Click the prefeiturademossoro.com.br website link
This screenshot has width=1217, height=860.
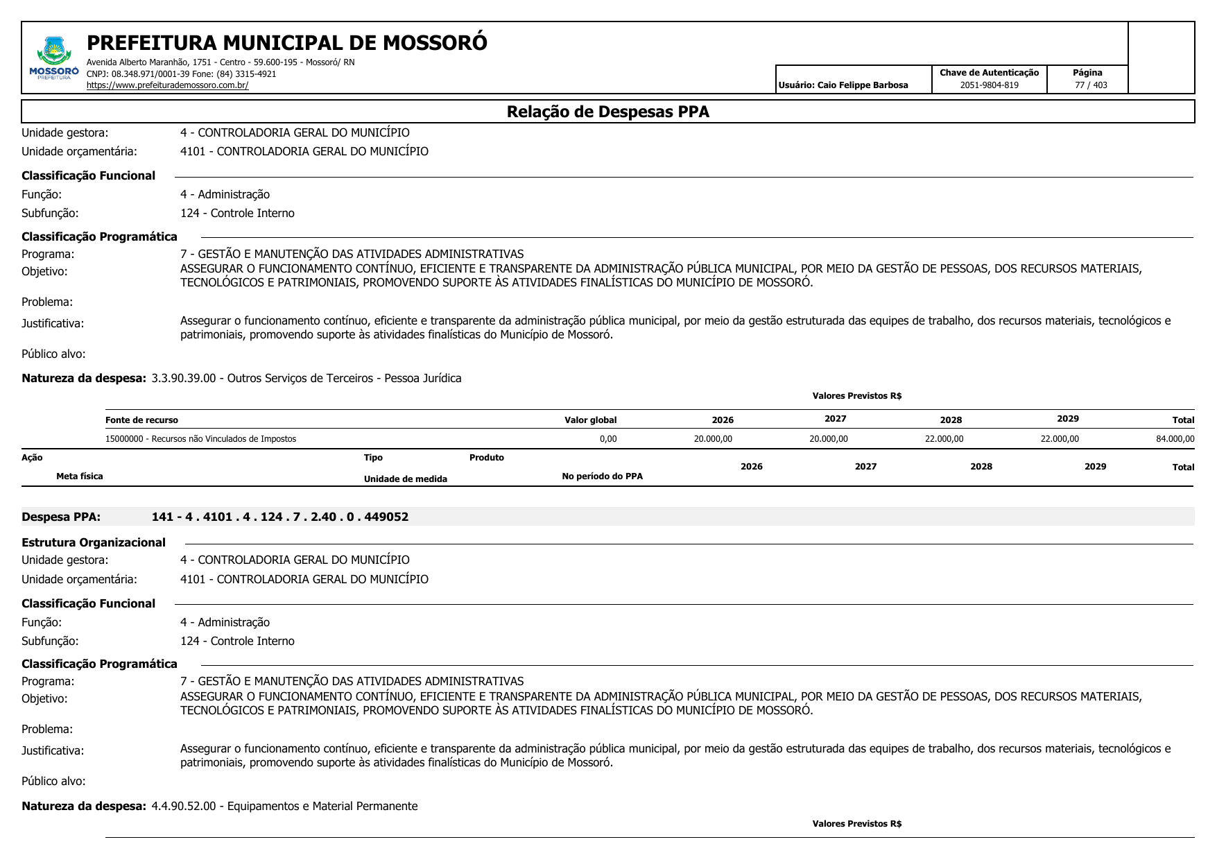(x=167, y=85)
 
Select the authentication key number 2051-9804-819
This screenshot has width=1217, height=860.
(x=989, y=85)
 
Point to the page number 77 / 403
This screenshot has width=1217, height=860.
(x=1091, y=85)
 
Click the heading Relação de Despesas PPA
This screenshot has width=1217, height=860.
(x=607, y=112)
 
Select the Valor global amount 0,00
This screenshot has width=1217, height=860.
(x=607, y=439)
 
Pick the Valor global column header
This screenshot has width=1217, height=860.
(x=590, y=420)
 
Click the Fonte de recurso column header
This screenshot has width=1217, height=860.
(x=141, y=420)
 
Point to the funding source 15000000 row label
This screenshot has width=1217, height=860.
(x=200, y=439)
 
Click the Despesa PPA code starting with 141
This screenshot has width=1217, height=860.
(x=279, y=517)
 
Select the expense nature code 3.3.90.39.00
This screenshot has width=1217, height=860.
(x=184, y=379)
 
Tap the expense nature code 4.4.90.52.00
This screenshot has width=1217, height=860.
(x=184, y=807)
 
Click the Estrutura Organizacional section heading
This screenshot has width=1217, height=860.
(x=94, y=542)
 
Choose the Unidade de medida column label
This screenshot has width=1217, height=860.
(x=405, y=479)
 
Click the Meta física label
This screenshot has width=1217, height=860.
(x=80, y=476)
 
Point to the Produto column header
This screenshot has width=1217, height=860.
(x=486, y=458)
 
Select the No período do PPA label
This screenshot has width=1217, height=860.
(x=602, y=476)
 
